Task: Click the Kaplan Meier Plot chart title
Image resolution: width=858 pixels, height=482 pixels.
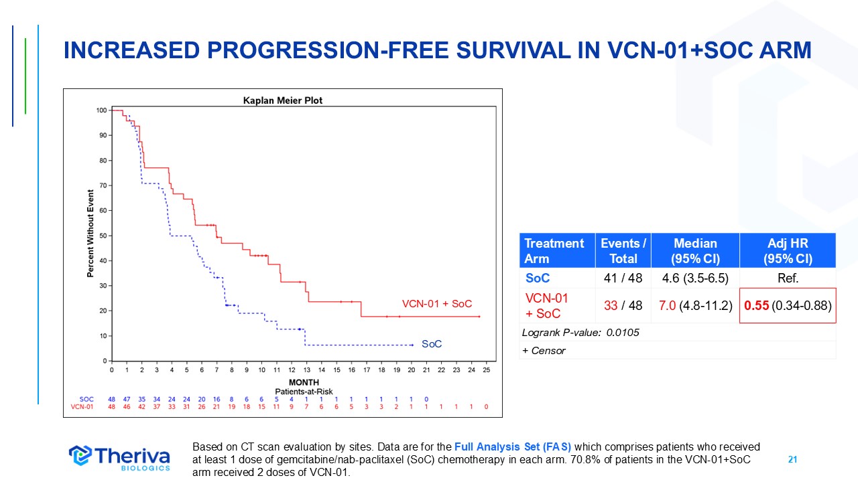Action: pyautogui.click(x=282, y=100)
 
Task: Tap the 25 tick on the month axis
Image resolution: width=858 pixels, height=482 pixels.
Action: pyautogui.click(x=486, y=370)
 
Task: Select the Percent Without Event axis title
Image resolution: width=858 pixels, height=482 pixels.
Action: pyautogui.click(x=90, y=234)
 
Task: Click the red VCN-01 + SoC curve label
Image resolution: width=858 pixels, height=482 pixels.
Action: pyautogui.click(x=436, y=304)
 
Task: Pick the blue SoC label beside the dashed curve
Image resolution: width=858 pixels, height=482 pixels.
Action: pyautogui.click(x=432, y=344)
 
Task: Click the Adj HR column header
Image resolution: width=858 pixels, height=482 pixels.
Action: pyautogui.click(x=787, y=250)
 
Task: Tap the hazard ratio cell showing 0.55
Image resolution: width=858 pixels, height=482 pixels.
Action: pyautogui.click(x=787, y=306)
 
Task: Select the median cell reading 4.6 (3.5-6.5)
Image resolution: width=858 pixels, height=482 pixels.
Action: pyautogui.click(x=695, y=278)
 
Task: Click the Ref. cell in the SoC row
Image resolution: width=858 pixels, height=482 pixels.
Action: pyautogui.click(x=787, y=278)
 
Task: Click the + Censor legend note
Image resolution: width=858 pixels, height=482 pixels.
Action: pyautogui.click(x=544, y=350)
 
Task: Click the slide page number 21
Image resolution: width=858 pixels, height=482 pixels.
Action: pyautogui.click(x=792, y=460)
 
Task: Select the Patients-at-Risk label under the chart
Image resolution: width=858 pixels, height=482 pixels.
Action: pyautogui.click(x=304, y=391)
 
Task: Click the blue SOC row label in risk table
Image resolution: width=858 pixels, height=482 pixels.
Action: pyautogui.click(x=86, y=399)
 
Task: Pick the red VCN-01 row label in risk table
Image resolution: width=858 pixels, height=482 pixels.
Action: pyautogui.click(x=82, y=406)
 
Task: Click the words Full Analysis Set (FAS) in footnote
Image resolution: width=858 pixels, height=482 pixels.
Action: pyautogui.click(x=513, y=447)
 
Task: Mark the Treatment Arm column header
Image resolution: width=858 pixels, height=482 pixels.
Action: pyautogui.click(x=554, y=250)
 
